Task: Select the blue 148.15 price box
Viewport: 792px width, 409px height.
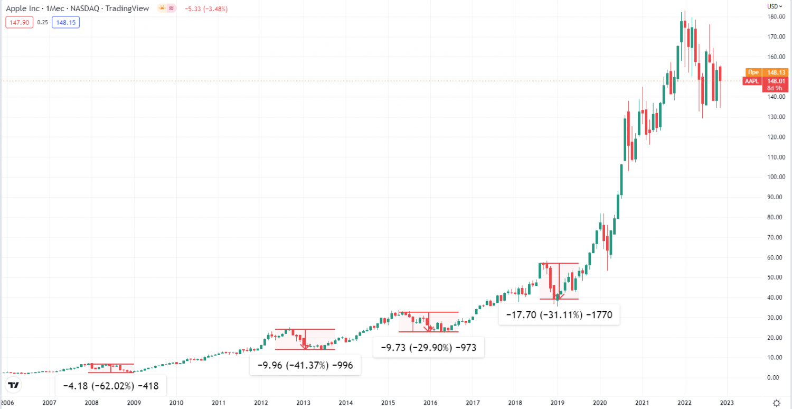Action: (x=66, y=22)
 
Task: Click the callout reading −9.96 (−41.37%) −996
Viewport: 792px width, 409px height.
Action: (x=305, y=365)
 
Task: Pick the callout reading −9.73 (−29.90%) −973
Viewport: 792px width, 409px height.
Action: (x=428, y=347)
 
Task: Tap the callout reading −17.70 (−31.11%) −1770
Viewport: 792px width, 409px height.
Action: (x=559, y=315)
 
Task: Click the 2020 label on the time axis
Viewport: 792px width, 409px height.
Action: (x=600, y=403)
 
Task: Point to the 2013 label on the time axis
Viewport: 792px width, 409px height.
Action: (x=303, y=403)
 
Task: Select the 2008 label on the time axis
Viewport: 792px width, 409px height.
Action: (x=91, y=403)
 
